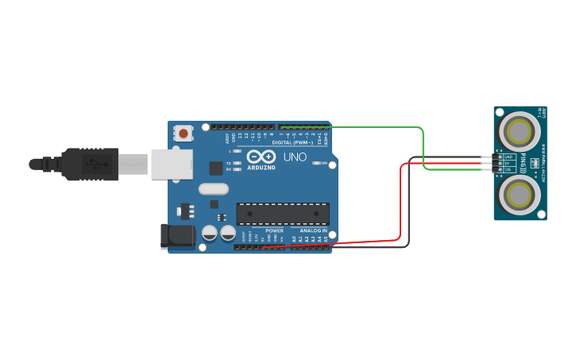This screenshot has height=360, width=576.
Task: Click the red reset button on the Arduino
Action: pos(184,134)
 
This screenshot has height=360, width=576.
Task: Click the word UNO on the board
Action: pos(295,157)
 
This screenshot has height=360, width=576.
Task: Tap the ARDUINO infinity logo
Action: pos(261,157)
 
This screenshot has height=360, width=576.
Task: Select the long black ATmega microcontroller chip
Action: pos(283,214)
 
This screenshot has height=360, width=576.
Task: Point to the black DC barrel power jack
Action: pos(177,235)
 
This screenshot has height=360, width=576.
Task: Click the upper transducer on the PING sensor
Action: pos(519,130)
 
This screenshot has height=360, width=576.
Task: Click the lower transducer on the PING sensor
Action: pos(519,193)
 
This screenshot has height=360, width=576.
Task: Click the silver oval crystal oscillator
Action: pos(213,189)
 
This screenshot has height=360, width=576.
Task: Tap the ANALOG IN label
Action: pos(314,230)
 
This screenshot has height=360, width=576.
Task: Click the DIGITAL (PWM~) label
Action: pos(292,142)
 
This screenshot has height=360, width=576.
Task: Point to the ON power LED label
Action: pos(324,163)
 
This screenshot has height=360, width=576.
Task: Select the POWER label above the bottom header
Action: pos(274,230)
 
